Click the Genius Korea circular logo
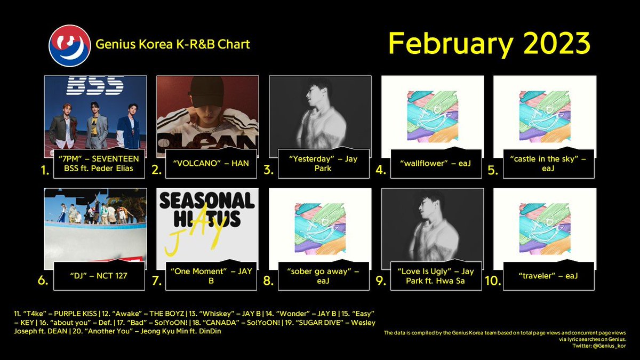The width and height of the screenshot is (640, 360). pos(70,46)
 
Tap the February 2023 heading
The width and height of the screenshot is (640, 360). pos(489,43)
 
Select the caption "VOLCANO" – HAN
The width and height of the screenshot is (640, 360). pos(211,163)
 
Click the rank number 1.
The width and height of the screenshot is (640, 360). pos(45,170)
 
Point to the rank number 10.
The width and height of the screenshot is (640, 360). pos(493,281)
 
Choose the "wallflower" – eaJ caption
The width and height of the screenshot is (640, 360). pos(435,163)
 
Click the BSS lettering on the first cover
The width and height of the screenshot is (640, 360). pos(95,85)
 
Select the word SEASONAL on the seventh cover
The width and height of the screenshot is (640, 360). pos(207,201)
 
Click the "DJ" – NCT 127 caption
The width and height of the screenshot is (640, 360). pos(99,276)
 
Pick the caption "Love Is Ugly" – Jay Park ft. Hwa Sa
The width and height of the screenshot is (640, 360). pos(435,276)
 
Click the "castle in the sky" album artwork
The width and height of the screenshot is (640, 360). pos(545,117)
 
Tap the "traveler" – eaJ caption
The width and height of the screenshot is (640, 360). pos(548,276)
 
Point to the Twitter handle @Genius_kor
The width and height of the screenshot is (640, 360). pos(609,346)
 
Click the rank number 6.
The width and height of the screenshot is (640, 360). pos(43,281)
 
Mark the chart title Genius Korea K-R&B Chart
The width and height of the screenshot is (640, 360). pos(173,44)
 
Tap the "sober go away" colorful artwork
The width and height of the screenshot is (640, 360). pos(320,229)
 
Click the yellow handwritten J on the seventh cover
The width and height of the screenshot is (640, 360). pos(173,243)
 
